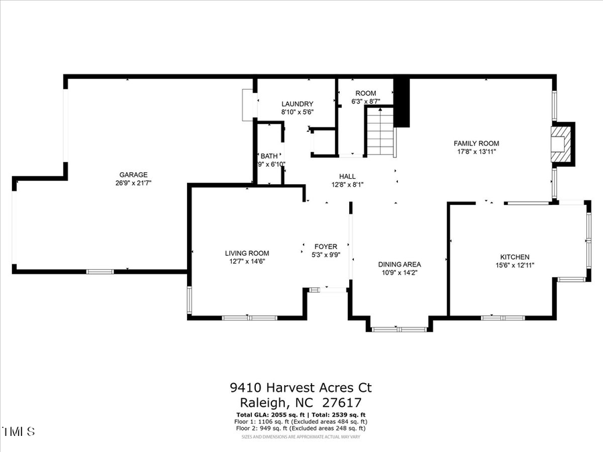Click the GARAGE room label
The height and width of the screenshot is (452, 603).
(x=133, y=174)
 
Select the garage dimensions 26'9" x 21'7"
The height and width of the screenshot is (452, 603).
(x=133, y=183)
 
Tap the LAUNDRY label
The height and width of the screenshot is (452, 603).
(x=297, y=104)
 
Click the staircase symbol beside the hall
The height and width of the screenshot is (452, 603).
(x=379, y=132)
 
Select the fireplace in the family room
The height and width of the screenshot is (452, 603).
(x=561, y=143)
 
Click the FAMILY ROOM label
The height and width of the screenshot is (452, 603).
(x=476, y=143)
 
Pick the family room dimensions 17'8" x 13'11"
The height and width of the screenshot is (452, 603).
(x=476, y=152)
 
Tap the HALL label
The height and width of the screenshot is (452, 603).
(x=347, y=176)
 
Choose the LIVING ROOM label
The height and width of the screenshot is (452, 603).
(x=247, y=253)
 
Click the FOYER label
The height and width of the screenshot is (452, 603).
(x=326, y=246)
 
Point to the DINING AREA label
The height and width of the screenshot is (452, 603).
(x=399, y=264)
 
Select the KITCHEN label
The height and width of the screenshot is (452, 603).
(x=515, y=257)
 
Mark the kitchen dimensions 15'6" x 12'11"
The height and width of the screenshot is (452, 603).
(x=515, y=266)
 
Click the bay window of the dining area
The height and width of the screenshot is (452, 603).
(x=399, y=329)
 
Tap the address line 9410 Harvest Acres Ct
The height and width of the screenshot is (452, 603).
(x=300, y=388)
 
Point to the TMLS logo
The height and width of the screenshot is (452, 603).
(x=18, y=431)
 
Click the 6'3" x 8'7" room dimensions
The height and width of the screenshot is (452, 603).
(x=366, y=102)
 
